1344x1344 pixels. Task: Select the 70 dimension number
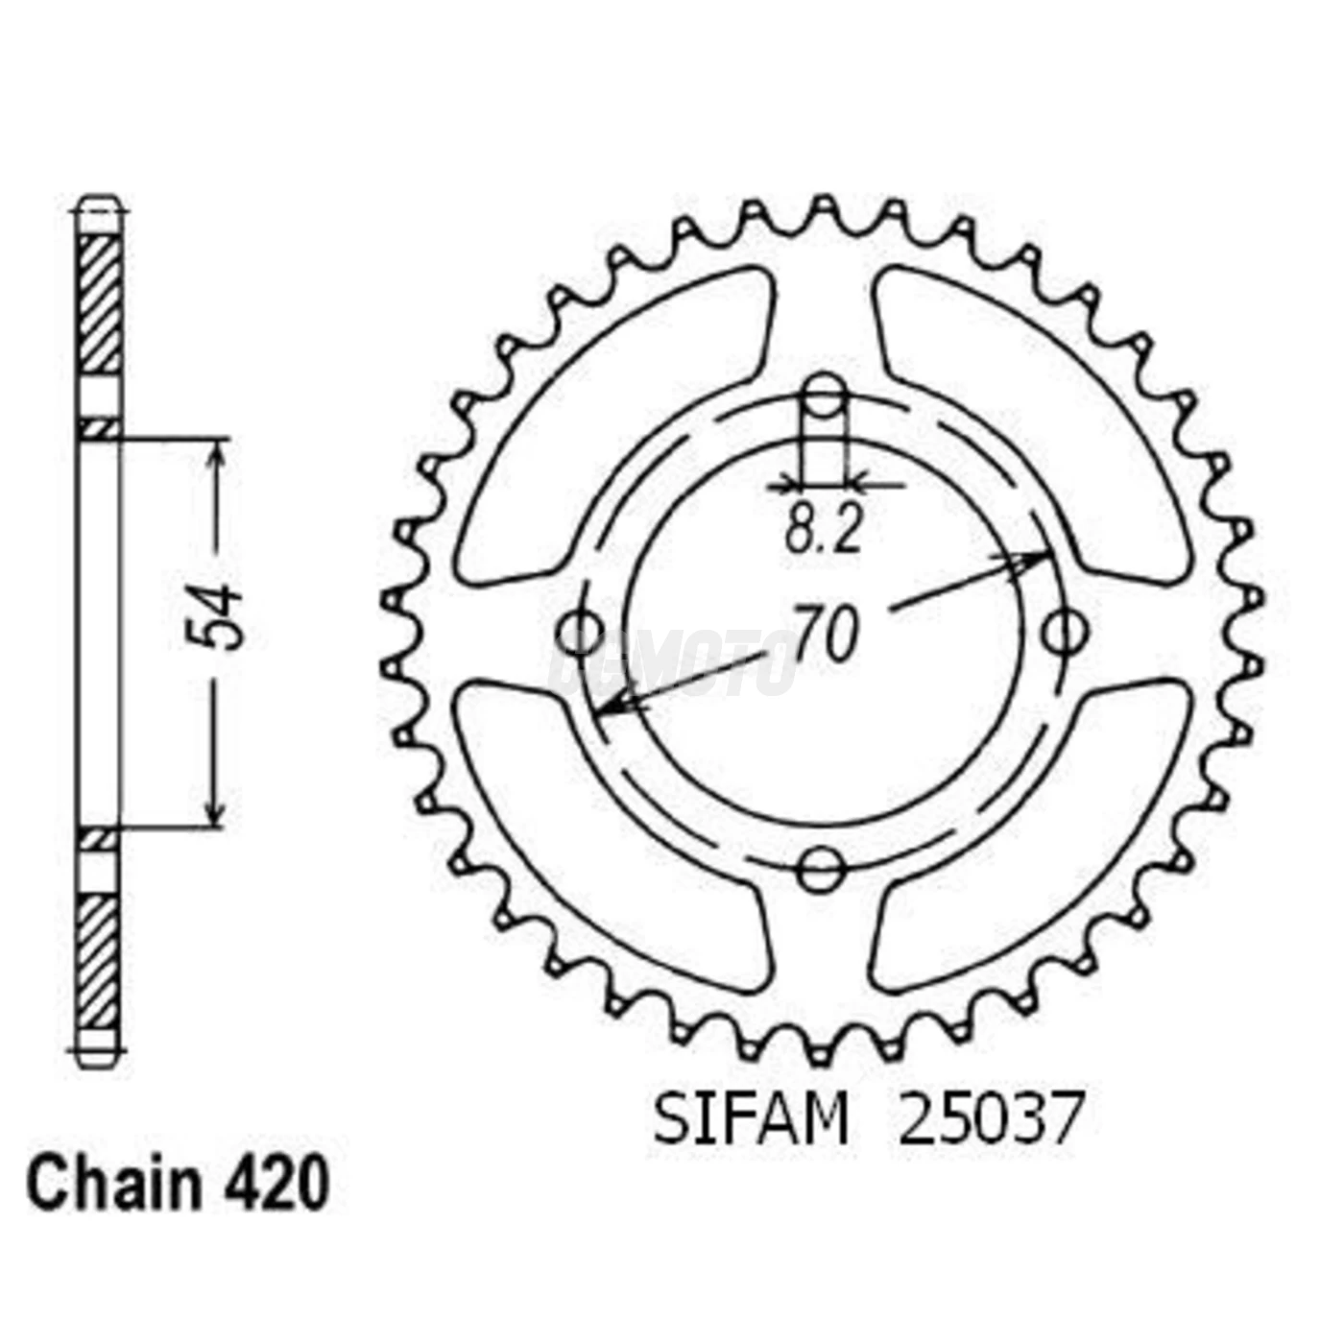[825, 634]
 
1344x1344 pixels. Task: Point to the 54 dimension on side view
[216, 614]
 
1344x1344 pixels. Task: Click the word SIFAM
[751, 1119]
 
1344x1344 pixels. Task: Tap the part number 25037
[990, 1119]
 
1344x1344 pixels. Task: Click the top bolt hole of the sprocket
[823, 395]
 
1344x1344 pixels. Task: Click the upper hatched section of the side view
[99, 302]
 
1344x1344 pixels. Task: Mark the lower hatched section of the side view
[99, 960]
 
